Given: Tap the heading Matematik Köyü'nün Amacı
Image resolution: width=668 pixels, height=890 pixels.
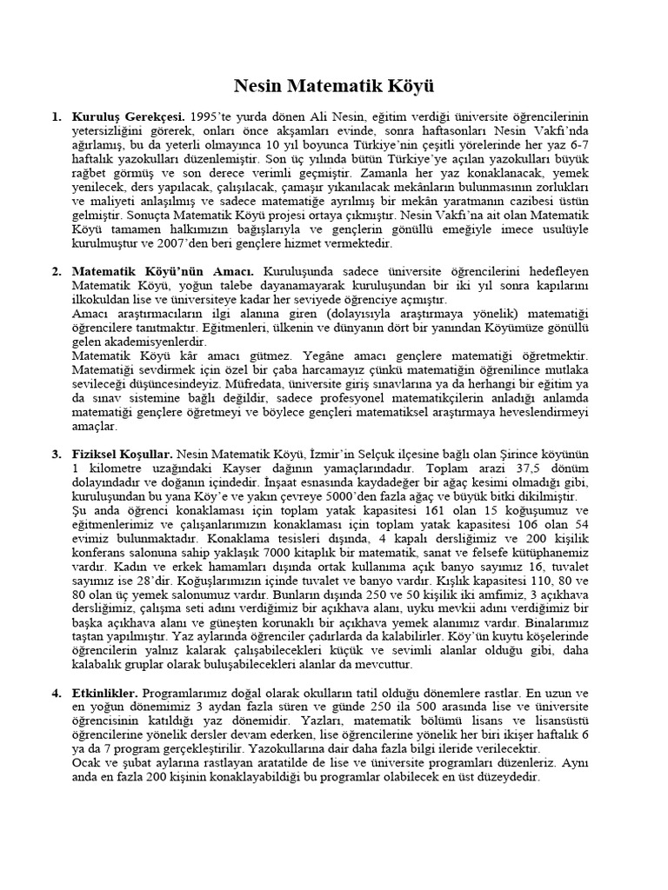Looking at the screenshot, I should (163, 272).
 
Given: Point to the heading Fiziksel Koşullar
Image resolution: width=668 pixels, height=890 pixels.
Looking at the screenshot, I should (123, 454).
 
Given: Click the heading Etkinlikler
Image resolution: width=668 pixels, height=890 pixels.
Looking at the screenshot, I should (105, 694).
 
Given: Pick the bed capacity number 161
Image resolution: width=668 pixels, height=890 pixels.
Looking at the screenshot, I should (444, 510).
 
